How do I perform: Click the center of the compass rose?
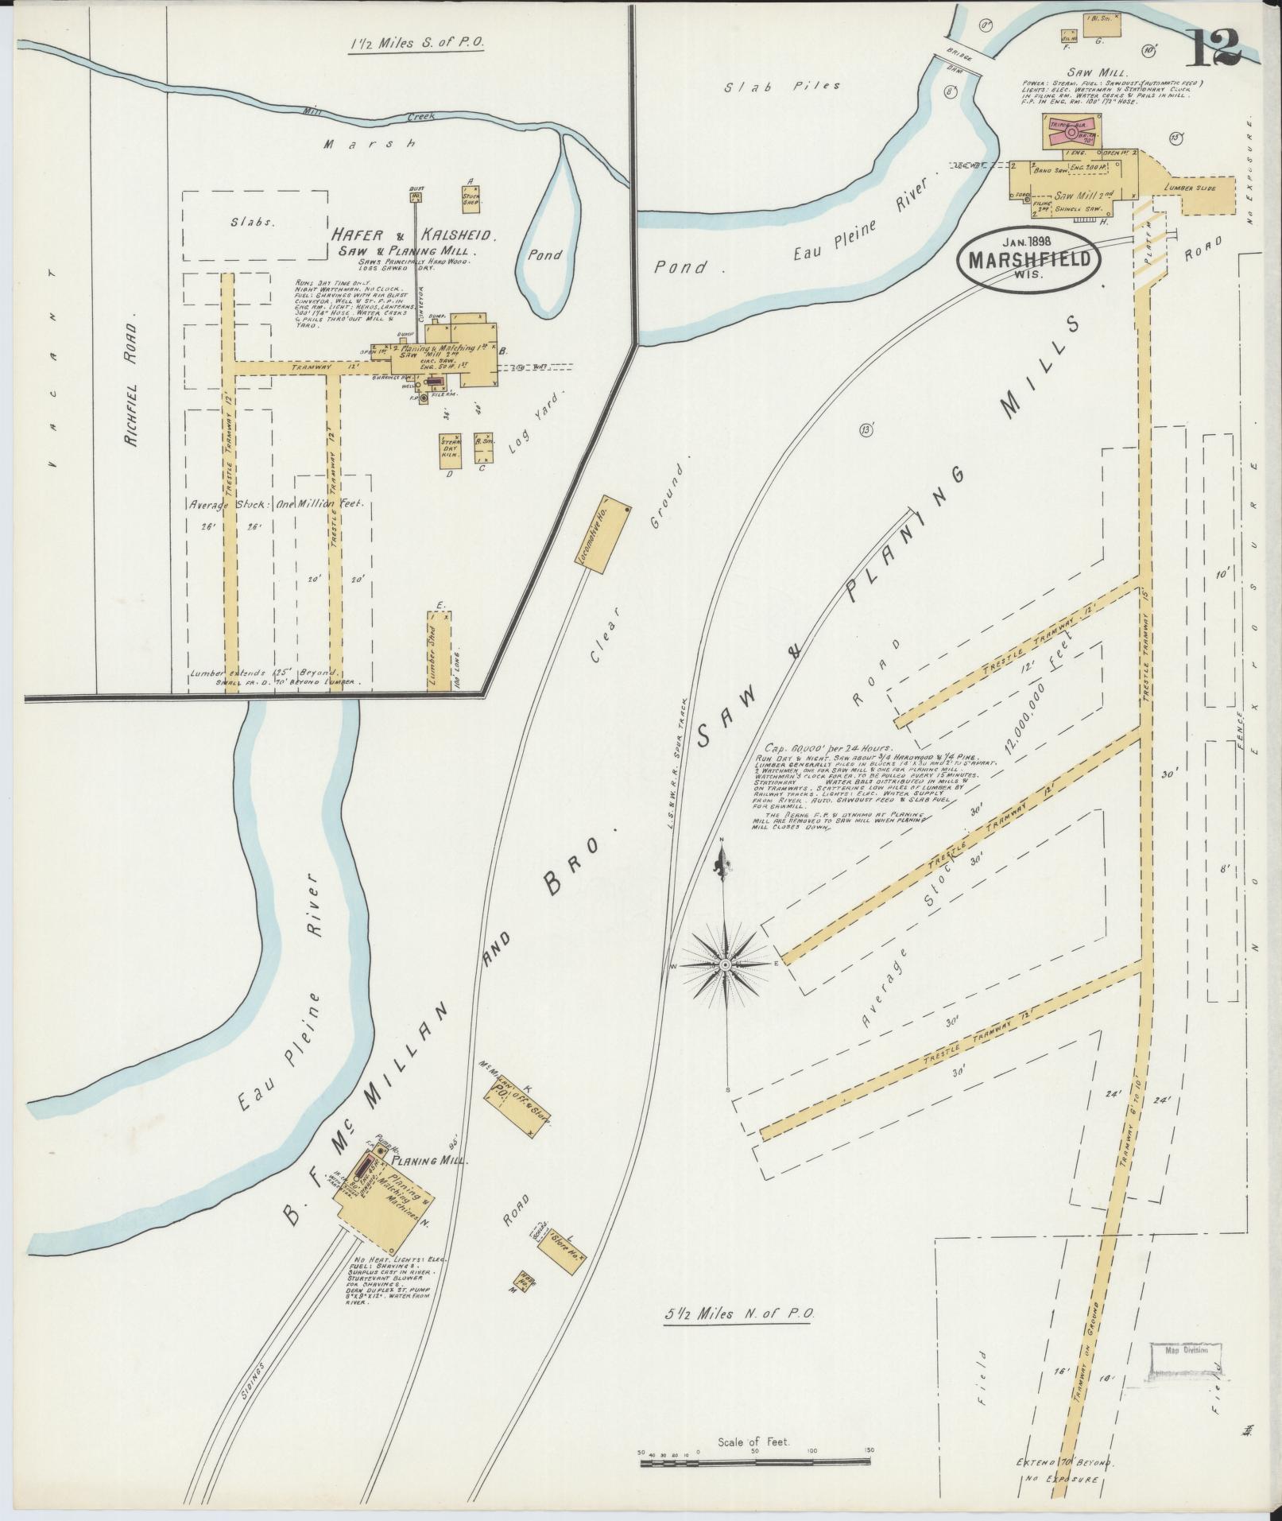coord(725,964)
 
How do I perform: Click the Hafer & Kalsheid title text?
coord(415,236)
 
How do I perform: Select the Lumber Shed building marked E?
coord(439,650)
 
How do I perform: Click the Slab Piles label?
coord(781,86)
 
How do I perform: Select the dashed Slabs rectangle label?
coord(253,223)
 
